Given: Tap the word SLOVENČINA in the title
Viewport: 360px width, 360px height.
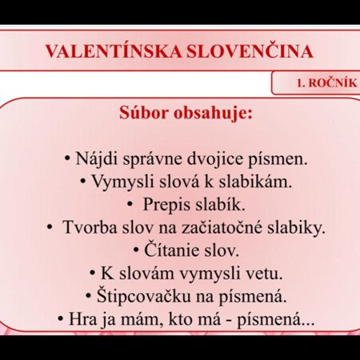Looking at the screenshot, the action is pyautogui.click(x=250, y=50).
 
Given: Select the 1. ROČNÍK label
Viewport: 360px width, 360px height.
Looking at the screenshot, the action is pyautogui.click(x=327, y=83).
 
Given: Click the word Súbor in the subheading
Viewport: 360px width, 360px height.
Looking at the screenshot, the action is pyautogui.click(x=144, y=113).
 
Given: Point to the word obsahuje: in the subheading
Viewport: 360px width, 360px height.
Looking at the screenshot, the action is pyautogui.click(x=214, y=113).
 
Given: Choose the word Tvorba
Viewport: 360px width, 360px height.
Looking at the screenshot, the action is pyautogui.click(x=90, y=227).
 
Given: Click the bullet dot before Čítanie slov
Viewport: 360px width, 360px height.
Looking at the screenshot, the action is pyautogui.click(x=136, y=250).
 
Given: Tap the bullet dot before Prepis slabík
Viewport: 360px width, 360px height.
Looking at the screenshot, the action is pyautogui.click(x=130, y=205).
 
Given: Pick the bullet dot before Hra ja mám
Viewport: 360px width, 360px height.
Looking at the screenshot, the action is pyautogui.click(x=61, y=318).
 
